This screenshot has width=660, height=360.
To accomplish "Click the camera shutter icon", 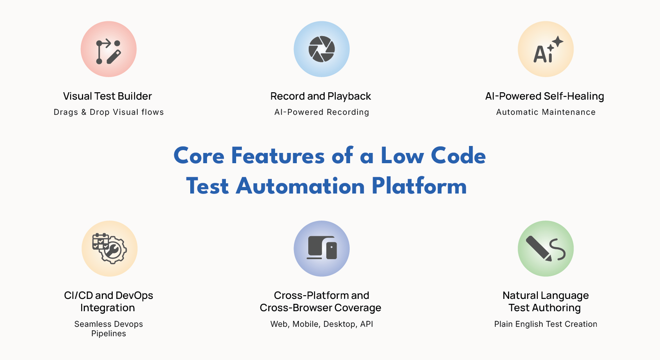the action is tap(321, 49).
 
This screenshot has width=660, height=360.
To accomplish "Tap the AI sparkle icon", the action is tap(548, 50).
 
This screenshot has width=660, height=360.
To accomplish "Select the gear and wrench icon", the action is tap(109, 248).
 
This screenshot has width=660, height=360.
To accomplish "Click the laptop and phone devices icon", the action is tap(322, 248).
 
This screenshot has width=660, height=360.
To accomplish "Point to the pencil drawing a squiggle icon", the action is tap(546, 248).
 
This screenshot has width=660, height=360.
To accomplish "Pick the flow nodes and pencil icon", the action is tap(108, 52).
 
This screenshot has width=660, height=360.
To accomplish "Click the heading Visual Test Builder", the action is tap(107, 96).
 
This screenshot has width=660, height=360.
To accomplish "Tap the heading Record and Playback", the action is tap(321, 96).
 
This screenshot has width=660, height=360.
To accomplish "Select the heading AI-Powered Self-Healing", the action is tap(544, 96).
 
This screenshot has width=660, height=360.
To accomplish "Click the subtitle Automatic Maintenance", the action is tap(546, 112).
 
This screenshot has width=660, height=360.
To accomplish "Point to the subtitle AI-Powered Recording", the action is tap(322, 112).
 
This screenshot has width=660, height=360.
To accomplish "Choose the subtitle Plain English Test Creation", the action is tap(546, 324).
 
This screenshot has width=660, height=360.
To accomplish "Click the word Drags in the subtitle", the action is tap(66, 112).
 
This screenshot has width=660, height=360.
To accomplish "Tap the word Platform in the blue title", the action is tap(419, 186).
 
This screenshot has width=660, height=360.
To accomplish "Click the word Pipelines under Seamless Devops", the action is tap(108, 333).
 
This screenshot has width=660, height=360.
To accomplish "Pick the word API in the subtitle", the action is tap(367, 324).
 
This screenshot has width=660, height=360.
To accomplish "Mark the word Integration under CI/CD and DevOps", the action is tap(107, 308).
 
